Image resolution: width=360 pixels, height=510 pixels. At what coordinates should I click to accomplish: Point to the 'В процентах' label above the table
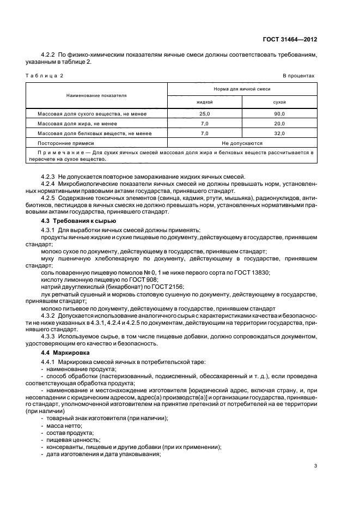pos(298,75)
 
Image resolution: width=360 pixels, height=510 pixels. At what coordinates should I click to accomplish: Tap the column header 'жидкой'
pos(204,102)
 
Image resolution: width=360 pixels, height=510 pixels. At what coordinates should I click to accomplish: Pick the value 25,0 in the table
pos(204,114)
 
